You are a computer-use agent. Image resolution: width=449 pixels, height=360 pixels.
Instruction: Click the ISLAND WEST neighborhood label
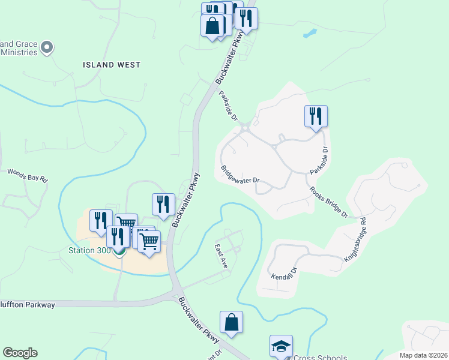pos(112,65)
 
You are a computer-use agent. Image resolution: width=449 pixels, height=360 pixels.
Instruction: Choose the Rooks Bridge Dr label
pos(329,202)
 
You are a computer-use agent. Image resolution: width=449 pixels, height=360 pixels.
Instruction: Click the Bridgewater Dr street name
pos(240,175)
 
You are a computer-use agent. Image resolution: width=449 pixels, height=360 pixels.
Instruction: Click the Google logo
pos(20,353)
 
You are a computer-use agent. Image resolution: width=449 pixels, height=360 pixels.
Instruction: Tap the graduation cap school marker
pos(281,346)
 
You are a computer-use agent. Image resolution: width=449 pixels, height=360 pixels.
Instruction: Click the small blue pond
pos(310,34)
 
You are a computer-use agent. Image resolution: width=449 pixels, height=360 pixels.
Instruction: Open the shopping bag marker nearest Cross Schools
pos(231,322)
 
